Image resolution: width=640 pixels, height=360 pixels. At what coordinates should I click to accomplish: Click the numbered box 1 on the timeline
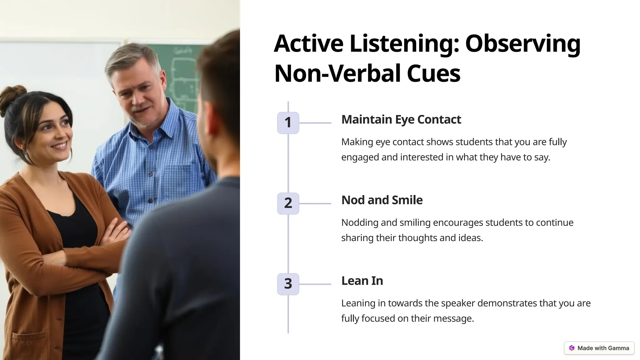(288, 122)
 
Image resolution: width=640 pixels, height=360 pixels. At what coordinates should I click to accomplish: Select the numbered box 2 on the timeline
(288, 203)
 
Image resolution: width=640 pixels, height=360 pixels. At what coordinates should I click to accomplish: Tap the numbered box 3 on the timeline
(288, 284)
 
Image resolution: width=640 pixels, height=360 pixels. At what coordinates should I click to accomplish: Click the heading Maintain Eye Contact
(401, 119)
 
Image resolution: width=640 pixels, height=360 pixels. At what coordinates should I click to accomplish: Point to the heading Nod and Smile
(382, 200)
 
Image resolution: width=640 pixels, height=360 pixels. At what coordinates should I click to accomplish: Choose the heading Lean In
(362, 281)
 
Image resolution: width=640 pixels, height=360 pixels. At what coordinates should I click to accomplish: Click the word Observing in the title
(522, 44)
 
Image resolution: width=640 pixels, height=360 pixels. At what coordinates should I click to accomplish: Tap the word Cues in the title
(433, 73)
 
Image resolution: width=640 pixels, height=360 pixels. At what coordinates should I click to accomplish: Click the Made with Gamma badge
(599, 348)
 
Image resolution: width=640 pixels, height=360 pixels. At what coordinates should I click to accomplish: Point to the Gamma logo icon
(572, 348)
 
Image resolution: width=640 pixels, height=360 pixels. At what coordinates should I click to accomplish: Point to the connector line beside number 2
(315, 203)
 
